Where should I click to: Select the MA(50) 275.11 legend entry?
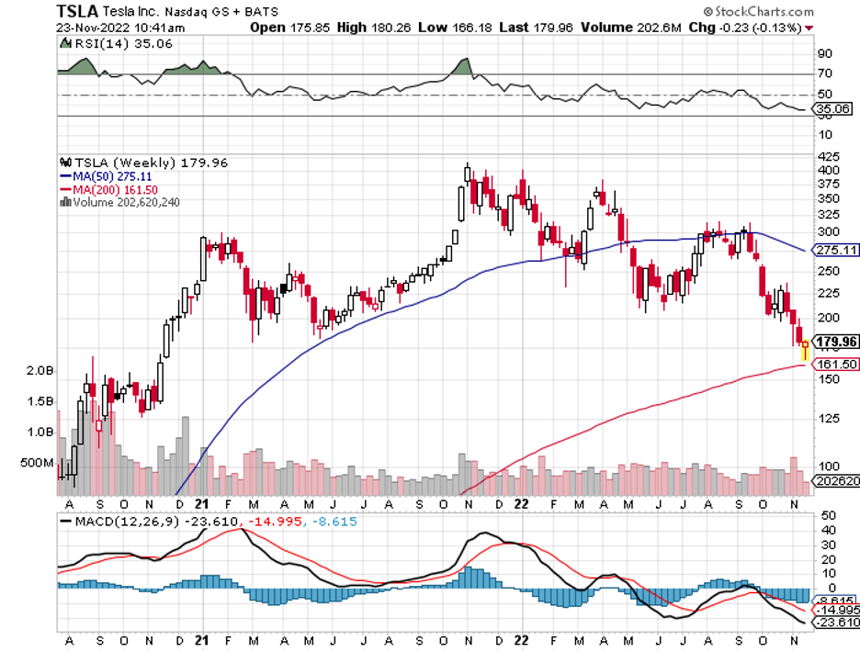[x=107, y=175]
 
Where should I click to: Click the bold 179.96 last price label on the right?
[x=837, y=343]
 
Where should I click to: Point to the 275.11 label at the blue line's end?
[x=837, y=250]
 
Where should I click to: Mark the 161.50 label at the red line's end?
[x=837, y=364]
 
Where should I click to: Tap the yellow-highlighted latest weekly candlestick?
[x=806, y=350]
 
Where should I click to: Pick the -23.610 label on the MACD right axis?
[x=838, y=623]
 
